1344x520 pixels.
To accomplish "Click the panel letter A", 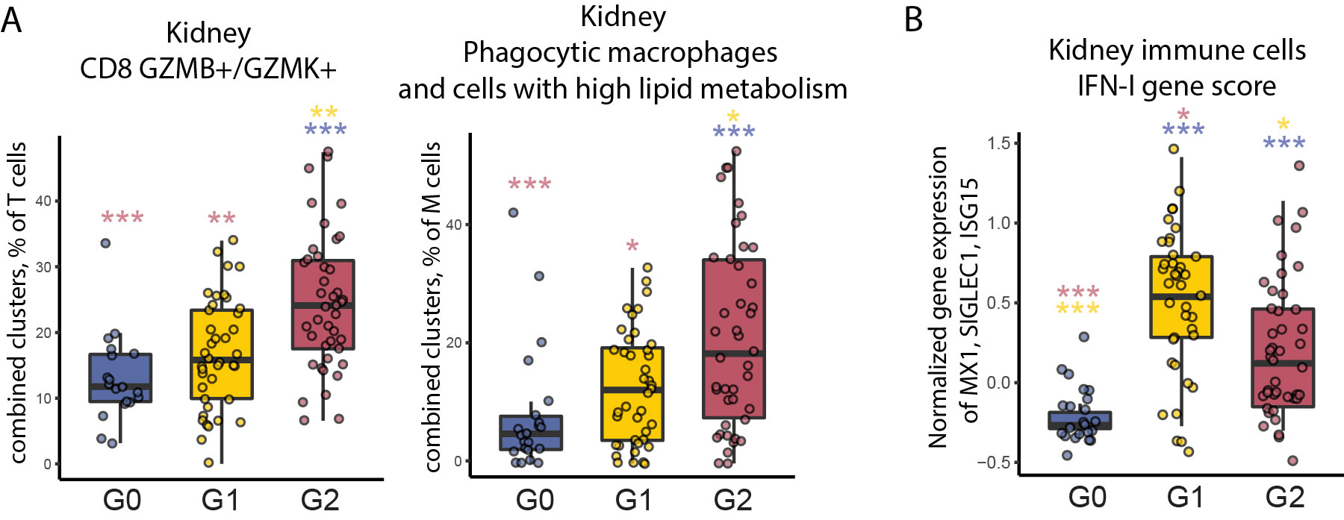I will coord(12,19).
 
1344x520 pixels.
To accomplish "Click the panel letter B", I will coord(913,19).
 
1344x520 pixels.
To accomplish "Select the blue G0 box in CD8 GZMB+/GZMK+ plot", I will coord(120,378).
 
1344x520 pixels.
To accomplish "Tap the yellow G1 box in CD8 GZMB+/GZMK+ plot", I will coord(221,354).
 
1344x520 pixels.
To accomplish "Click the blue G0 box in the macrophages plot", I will coord(531,433).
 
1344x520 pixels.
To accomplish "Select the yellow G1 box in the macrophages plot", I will coord(632,394).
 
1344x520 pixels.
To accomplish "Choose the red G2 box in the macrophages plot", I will coord(733,339).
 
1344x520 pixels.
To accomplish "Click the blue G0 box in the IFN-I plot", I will coord(1079,420).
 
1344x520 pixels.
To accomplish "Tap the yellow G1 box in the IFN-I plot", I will coord(1180,297).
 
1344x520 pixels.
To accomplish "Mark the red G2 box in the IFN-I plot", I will coord(1283,357).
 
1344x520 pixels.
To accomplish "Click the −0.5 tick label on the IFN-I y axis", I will coord(994,463).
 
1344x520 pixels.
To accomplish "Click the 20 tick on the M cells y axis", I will coord(454,342).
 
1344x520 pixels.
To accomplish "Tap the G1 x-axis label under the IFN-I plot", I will coord(1185,497).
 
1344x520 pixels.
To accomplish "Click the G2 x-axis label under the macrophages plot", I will coord(732,499).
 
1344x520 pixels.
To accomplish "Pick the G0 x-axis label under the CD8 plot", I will coord(122,499).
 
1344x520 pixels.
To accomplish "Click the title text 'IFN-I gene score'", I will coord(1177,86).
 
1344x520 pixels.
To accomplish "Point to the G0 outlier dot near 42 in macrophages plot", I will coord(514,213).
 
